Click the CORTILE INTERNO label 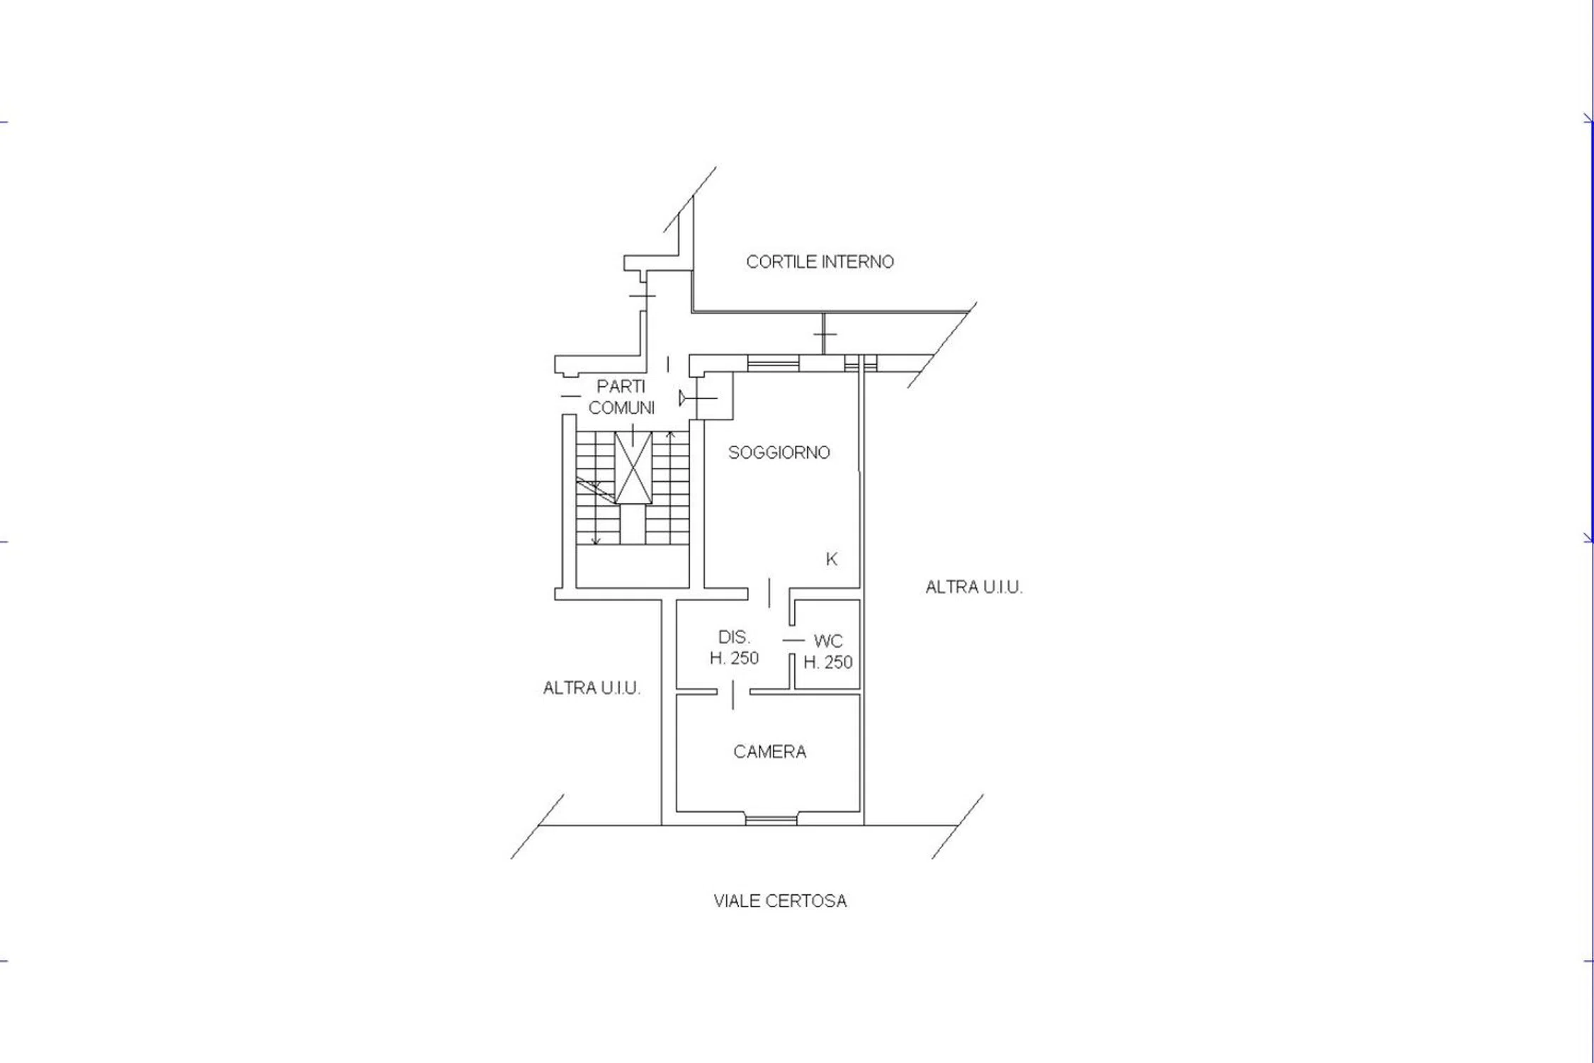tap(820, 262)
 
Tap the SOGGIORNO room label tap(779, 453)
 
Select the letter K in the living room tap(832, 560)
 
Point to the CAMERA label tap(769, 752)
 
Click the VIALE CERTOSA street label tap(780, 901)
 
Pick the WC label tap(828, 642)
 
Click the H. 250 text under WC tap(827, 663)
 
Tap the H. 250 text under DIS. tap(734, 658)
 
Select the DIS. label tap(734, 637)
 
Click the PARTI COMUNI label tap(621, 397)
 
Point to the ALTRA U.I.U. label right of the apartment tap(974, 587)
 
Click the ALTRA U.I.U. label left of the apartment tap(592, 688)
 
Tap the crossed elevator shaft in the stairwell tap(633, 468)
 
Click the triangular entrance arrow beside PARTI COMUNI tap(683, 398)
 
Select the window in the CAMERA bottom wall tap(771, 820)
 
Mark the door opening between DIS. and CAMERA tap(733, 692)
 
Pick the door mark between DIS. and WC tap(792, 641)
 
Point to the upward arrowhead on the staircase tap(670, 433)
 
